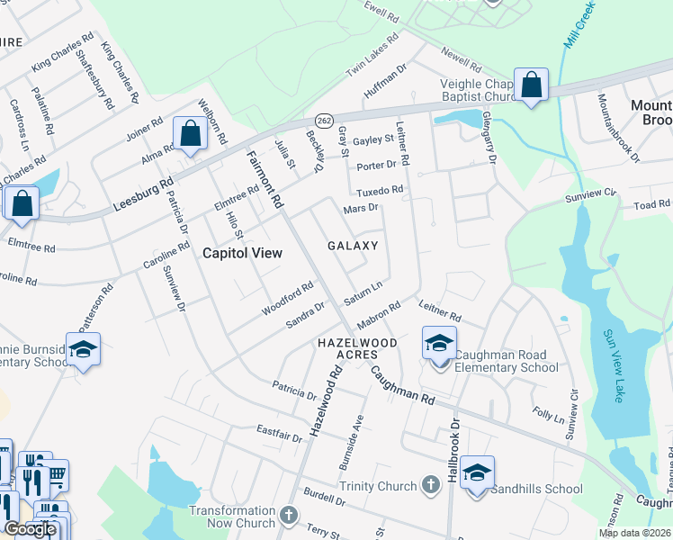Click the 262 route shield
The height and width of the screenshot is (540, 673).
(x=323, y=119)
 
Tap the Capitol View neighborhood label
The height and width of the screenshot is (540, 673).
(x=242, y=253)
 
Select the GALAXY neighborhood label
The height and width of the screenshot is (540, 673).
(x=352, y=246)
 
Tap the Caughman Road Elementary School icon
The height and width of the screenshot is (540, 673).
(x=439, y=343)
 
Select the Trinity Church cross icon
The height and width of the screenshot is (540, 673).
(x=429, y=486)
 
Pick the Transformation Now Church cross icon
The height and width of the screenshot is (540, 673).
(x=288, y=517)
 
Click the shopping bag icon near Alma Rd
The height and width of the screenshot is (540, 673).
(x=191, y=135)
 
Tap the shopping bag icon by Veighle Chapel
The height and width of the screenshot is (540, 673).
(x=532, y=85)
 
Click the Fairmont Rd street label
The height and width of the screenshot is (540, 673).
(x=265, y=175)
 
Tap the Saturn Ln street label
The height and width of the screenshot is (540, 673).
(x=363, y=292)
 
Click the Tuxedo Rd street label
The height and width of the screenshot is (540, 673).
(x=379, y=191)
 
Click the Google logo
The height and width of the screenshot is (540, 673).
(x=30, y=529)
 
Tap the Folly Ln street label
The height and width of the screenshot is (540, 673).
(x=546, y=417)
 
